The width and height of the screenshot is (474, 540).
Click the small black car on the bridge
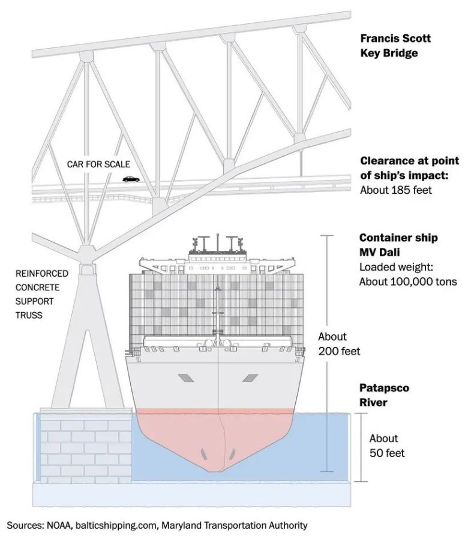129,178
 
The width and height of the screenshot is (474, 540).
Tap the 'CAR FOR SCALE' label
98,164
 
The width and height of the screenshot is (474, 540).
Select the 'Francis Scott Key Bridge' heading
395,46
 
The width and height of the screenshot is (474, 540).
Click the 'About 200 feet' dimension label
339,344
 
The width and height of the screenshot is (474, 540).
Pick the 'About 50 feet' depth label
387,445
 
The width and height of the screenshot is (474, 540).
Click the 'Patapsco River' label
384,395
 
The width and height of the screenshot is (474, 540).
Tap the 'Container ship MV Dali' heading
398,245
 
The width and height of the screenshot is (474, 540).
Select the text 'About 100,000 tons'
408,281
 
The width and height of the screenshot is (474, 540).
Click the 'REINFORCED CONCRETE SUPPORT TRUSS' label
42,294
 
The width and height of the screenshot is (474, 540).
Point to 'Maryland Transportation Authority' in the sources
234,526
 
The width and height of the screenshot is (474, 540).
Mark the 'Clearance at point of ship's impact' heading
409,168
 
